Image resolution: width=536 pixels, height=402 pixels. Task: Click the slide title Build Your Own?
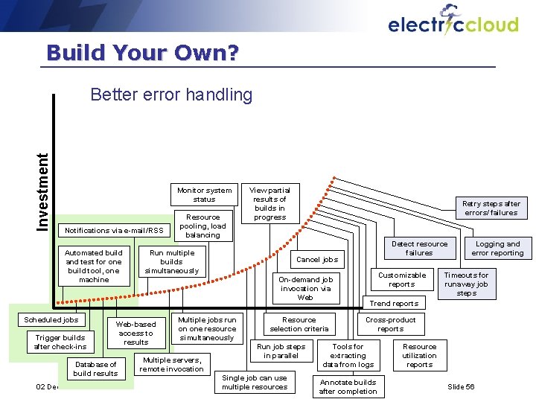(142, 53)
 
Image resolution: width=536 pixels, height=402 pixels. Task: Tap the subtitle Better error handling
(171, 95)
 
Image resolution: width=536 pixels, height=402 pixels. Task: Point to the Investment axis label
(44, 191)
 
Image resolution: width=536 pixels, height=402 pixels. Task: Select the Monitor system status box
(204, 194)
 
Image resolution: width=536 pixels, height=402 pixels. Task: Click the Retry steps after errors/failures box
(491, 208)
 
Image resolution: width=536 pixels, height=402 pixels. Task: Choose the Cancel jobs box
(317, 260)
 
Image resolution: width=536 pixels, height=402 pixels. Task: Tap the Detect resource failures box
(419, 249)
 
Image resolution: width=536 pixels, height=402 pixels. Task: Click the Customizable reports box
(402, 279)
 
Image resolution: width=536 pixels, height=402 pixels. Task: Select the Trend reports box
(394, 303)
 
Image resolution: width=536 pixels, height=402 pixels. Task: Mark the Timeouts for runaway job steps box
(466, 284)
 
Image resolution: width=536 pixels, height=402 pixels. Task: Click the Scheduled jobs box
(51, 319)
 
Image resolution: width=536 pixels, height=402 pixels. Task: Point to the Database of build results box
(95, 368)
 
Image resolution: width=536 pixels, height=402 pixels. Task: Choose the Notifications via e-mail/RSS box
(114, 230)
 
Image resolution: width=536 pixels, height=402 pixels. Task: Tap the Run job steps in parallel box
(281, 351)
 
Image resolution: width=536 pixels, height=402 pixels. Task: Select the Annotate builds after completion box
(348, 386)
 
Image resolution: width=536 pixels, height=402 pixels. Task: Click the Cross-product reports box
(390, 324)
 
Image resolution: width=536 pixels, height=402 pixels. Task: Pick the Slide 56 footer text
(461, 387)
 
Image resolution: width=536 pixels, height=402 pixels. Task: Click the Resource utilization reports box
(419, 355)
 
